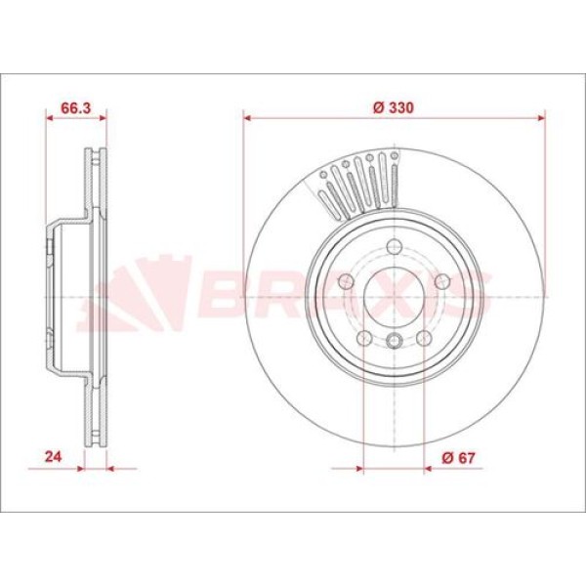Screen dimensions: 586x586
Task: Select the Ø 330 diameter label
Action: [393, 108]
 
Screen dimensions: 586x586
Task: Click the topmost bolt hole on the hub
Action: [394, 246]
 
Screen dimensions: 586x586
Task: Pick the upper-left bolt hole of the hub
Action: [346, 282]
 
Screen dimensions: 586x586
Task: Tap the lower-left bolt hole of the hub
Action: [364, 339]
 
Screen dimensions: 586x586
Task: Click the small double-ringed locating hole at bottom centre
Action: [394, 340]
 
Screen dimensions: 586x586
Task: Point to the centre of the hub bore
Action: [394, 297]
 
